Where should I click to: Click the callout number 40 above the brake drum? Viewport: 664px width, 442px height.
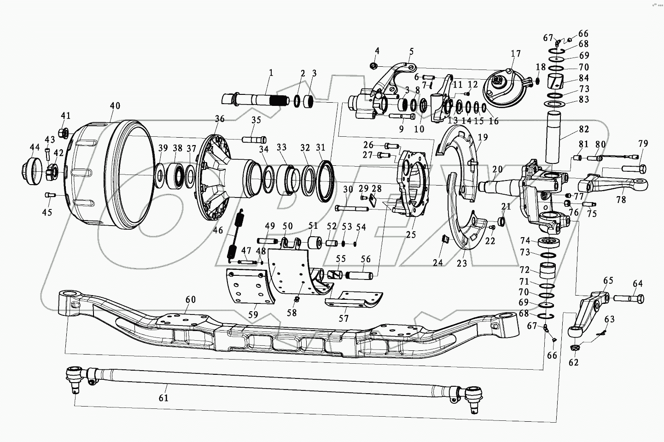(115, 106)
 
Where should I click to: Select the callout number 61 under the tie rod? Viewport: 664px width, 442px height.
(163, 398)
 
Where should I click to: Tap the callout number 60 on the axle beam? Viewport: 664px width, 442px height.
(190, 300)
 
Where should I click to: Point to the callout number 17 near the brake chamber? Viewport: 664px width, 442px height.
(515, 54)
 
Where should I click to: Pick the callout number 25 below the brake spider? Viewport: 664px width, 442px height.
(411, 234)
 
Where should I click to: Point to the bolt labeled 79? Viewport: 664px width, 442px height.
(634, 169)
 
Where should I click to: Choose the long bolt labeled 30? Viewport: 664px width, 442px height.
(352, 209)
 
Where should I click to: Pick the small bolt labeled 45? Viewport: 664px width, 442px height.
(50, 196)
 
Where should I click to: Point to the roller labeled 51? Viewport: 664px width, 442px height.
(315, 243)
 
